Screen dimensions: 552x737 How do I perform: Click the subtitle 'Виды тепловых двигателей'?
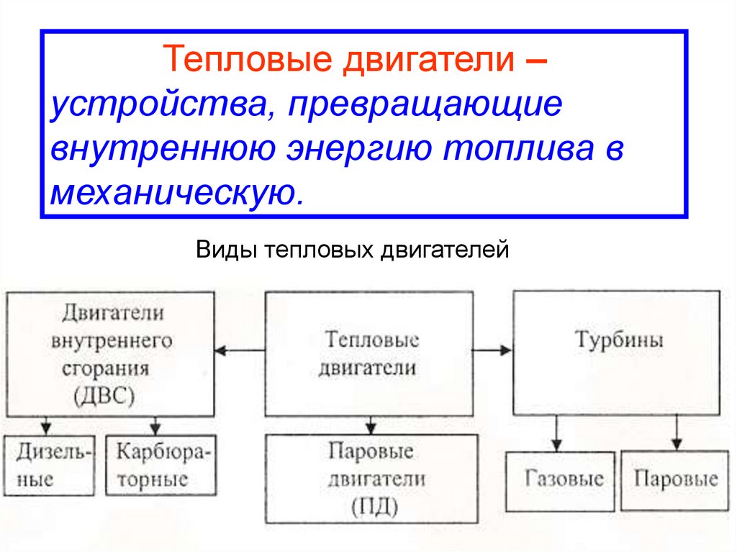click(x=352, y=250)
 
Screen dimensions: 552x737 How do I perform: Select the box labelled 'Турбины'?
click(x=616, y=352)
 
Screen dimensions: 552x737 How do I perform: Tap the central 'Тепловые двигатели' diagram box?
click(x=369, y=353)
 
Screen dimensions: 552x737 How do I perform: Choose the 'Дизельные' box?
click(x=48, y=466)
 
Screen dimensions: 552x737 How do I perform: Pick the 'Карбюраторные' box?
click(x=160, y=466)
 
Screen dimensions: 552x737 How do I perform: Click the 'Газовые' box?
click(x=561, y=480)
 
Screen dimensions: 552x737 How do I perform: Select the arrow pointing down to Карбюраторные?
click(x=156, y=425)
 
